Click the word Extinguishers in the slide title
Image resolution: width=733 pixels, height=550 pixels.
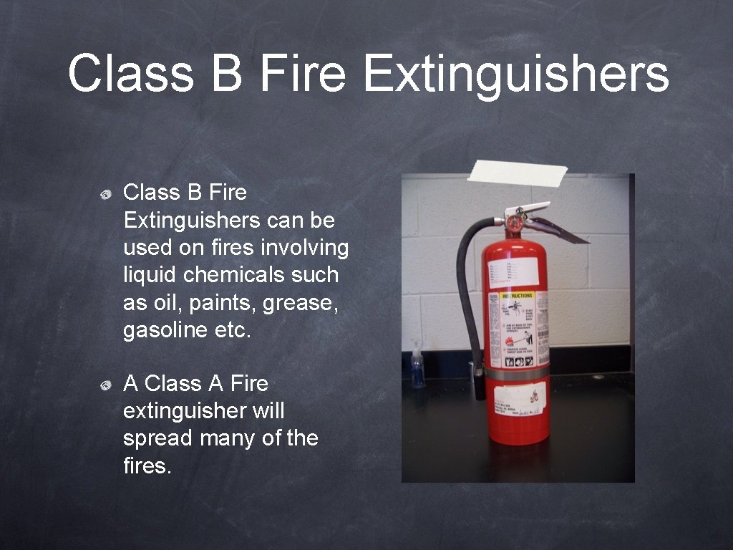[515, 74]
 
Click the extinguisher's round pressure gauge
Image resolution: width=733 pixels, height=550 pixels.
[513, 223]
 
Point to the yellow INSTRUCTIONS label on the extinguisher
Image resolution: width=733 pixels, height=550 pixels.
[517, 295]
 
